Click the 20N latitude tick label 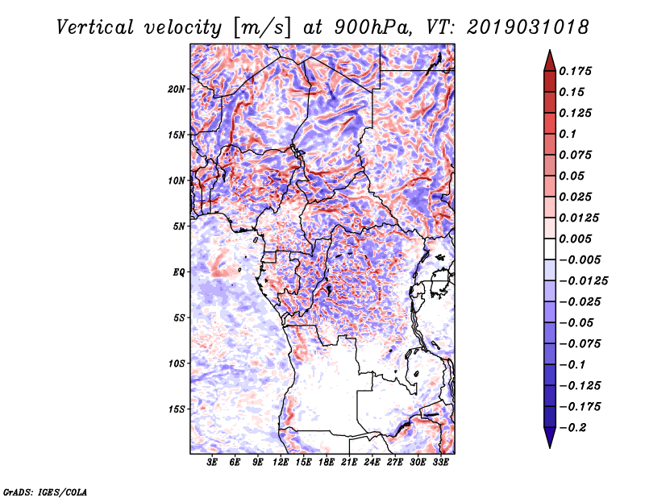pyautogui.click(x=177, y=89)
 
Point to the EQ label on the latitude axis pyautogui.click(x=178, y=272)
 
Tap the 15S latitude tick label pyautogui.click(x=177, y=409)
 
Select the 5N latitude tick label pyautogui.click(x=179, y=226)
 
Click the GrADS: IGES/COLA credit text pyautogui.click(x=44, y=491)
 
